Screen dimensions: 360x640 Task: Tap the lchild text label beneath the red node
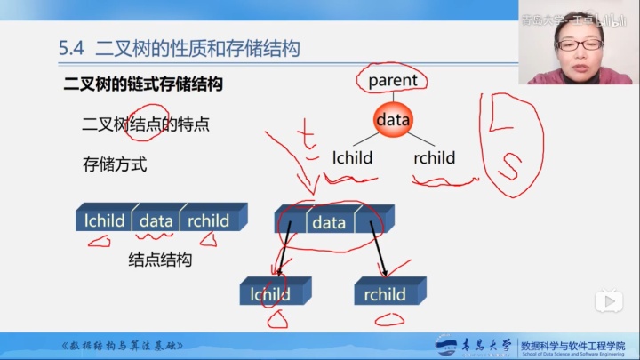click(x=352, y=158)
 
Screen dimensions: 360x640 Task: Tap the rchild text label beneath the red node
click(x=434, y=158)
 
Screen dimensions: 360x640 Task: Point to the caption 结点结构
click(x=160, y=260)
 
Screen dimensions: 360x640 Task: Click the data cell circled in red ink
click(x=328, y=223)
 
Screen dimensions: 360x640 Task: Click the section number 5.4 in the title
click(x=71, y=48)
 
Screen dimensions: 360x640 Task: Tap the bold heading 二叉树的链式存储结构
click(x=142, y=85)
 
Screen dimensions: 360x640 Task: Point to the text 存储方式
click(x=114, y=164)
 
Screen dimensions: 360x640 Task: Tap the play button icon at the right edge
click(x=609, y=301)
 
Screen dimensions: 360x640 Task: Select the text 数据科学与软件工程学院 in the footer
click(x=572, y=341)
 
